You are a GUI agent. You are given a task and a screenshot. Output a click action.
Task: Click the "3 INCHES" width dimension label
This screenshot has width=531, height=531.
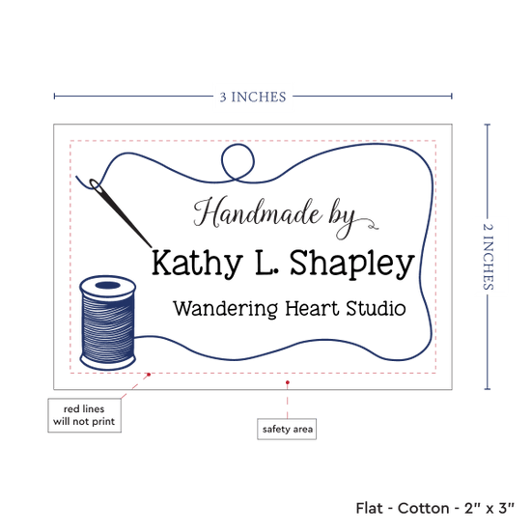(x=253, y=97)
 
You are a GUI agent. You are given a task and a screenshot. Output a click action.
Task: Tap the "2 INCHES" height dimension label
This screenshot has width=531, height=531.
(x=488, y=257)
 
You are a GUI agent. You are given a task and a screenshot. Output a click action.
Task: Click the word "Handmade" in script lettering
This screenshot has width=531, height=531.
(x=258, y=212)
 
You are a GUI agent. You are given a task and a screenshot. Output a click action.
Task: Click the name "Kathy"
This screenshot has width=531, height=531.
(x=196, y=264)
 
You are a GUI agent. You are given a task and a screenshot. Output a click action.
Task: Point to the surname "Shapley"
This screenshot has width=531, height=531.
(x=352, y=264)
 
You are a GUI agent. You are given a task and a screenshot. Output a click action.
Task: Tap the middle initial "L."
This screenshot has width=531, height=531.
(x=266, y=262)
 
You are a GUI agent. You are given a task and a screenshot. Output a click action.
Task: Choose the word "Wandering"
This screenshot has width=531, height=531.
(x=225, y=310)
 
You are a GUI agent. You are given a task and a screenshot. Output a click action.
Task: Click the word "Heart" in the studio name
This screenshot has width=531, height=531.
(x=312, y=308)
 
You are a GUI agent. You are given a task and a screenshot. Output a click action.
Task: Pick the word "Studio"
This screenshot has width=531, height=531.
(x=376, y=308)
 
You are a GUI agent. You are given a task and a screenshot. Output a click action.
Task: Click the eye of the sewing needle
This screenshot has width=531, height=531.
(x=96, y=185)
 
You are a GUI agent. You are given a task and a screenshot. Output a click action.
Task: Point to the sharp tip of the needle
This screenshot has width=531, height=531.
(x=151, y=247)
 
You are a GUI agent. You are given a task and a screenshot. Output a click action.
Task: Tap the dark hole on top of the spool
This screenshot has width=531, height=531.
(x=108, y=285)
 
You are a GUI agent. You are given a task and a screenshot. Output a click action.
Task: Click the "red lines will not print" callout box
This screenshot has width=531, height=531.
(x=84, y=415)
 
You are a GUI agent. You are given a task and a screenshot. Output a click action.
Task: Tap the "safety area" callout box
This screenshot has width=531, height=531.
(x=287, y=429)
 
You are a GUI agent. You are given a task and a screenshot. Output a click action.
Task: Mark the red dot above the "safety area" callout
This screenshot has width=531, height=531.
(x=287, y=382)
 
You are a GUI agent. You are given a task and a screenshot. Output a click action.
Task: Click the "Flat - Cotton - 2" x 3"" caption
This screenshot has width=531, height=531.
(x=434, y=508)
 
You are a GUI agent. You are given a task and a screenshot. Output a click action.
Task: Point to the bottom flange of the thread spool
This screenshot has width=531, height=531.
(x=108, y=363)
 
